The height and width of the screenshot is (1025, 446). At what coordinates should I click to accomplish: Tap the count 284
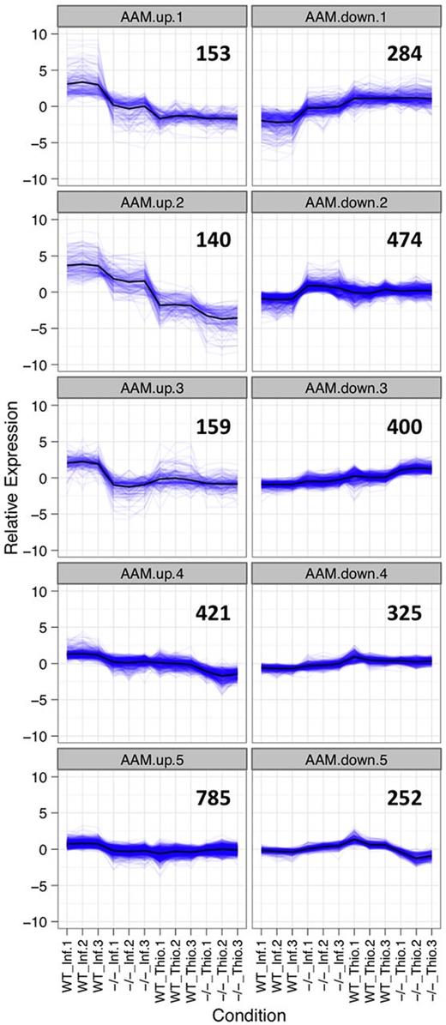[x=401, y=54]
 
